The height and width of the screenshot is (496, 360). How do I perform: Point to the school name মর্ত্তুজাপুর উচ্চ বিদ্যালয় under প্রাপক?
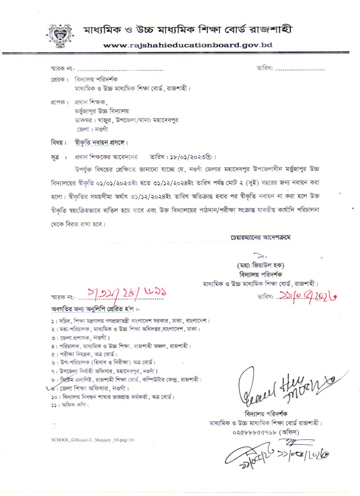click(101, 111)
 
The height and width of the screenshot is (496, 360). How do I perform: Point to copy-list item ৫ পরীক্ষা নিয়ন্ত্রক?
click(83, 354)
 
